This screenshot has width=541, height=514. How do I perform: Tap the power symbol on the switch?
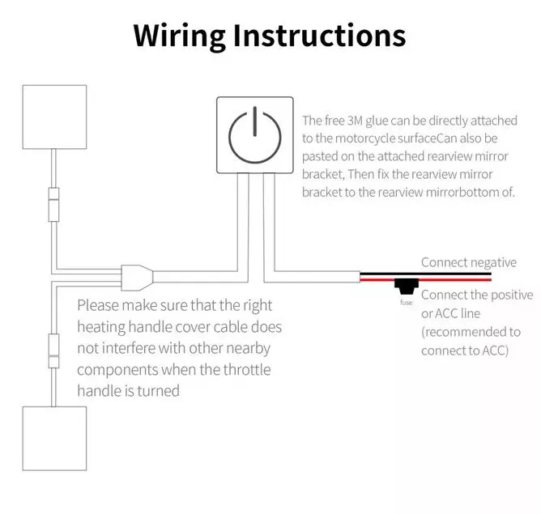coord(254,135)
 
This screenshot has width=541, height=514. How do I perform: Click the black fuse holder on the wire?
coord(405,286)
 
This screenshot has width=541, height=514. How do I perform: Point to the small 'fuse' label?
coord(406,303)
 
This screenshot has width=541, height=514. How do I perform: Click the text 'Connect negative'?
coord(468,262)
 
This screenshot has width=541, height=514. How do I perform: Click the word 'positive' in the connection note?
coord(512,295)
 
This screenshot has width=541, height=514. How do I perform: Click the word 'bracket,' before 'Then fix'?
coord(325,174)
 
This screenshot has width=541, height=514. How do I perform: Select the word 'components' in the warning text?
coord(118,370)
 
